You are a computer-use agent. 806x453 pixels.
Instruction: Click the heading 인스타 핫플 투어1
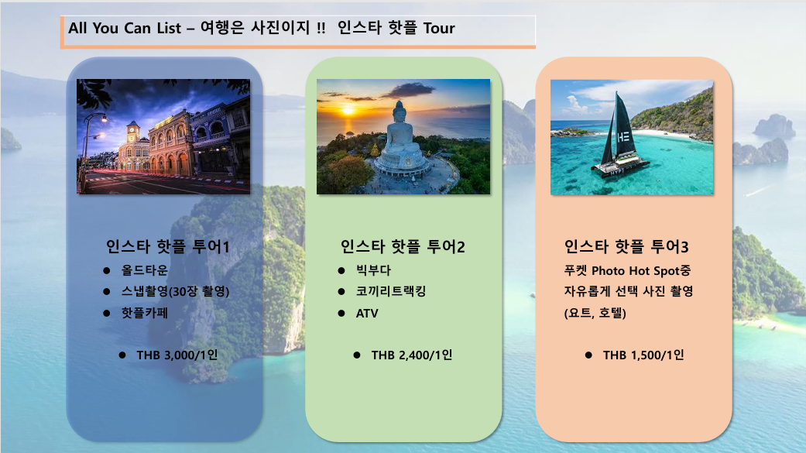coord(167,247)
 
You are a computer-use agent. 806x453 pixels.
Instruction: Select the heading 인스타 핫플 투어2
coord(403,247)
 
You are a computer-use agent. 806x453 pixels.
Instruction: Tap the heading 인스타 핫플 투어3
coord(626,247)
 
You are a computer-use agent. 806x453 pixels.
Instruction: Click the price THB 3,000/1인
coord(177,355)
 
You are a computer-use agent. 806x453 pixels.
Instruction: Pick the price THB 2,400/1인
coord(412,355)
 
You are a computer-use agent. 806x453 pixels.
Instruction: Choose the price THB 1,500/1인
coord(643,355)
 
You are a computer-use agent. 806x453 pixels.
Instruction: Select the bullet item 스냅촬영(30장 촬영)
coord(175,291)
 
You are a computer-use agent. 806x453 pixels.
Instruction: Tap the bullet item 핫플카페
coord(145,313)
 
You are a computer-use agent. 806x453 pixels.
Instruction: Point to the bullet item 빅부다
coord(374,270)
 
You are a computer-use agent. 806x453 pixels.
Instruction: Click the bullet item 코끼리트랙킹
coord(391,291)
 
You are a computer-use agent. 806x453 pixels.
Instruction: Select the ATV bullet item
coord(367,313)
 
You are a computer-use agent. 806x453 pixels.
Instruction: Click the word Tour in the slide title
coord(439,28)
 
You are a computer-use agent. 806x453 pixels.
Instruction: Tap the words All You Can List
coord(125,28)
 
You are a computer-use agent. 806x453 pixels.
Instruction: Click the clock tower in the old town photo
coord(133,133)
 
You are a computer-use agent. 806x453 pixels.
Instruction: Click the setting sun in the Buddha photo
coord(348,111)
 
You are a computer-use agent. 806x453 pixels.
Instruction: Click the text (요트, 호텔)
coord(595,313)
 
